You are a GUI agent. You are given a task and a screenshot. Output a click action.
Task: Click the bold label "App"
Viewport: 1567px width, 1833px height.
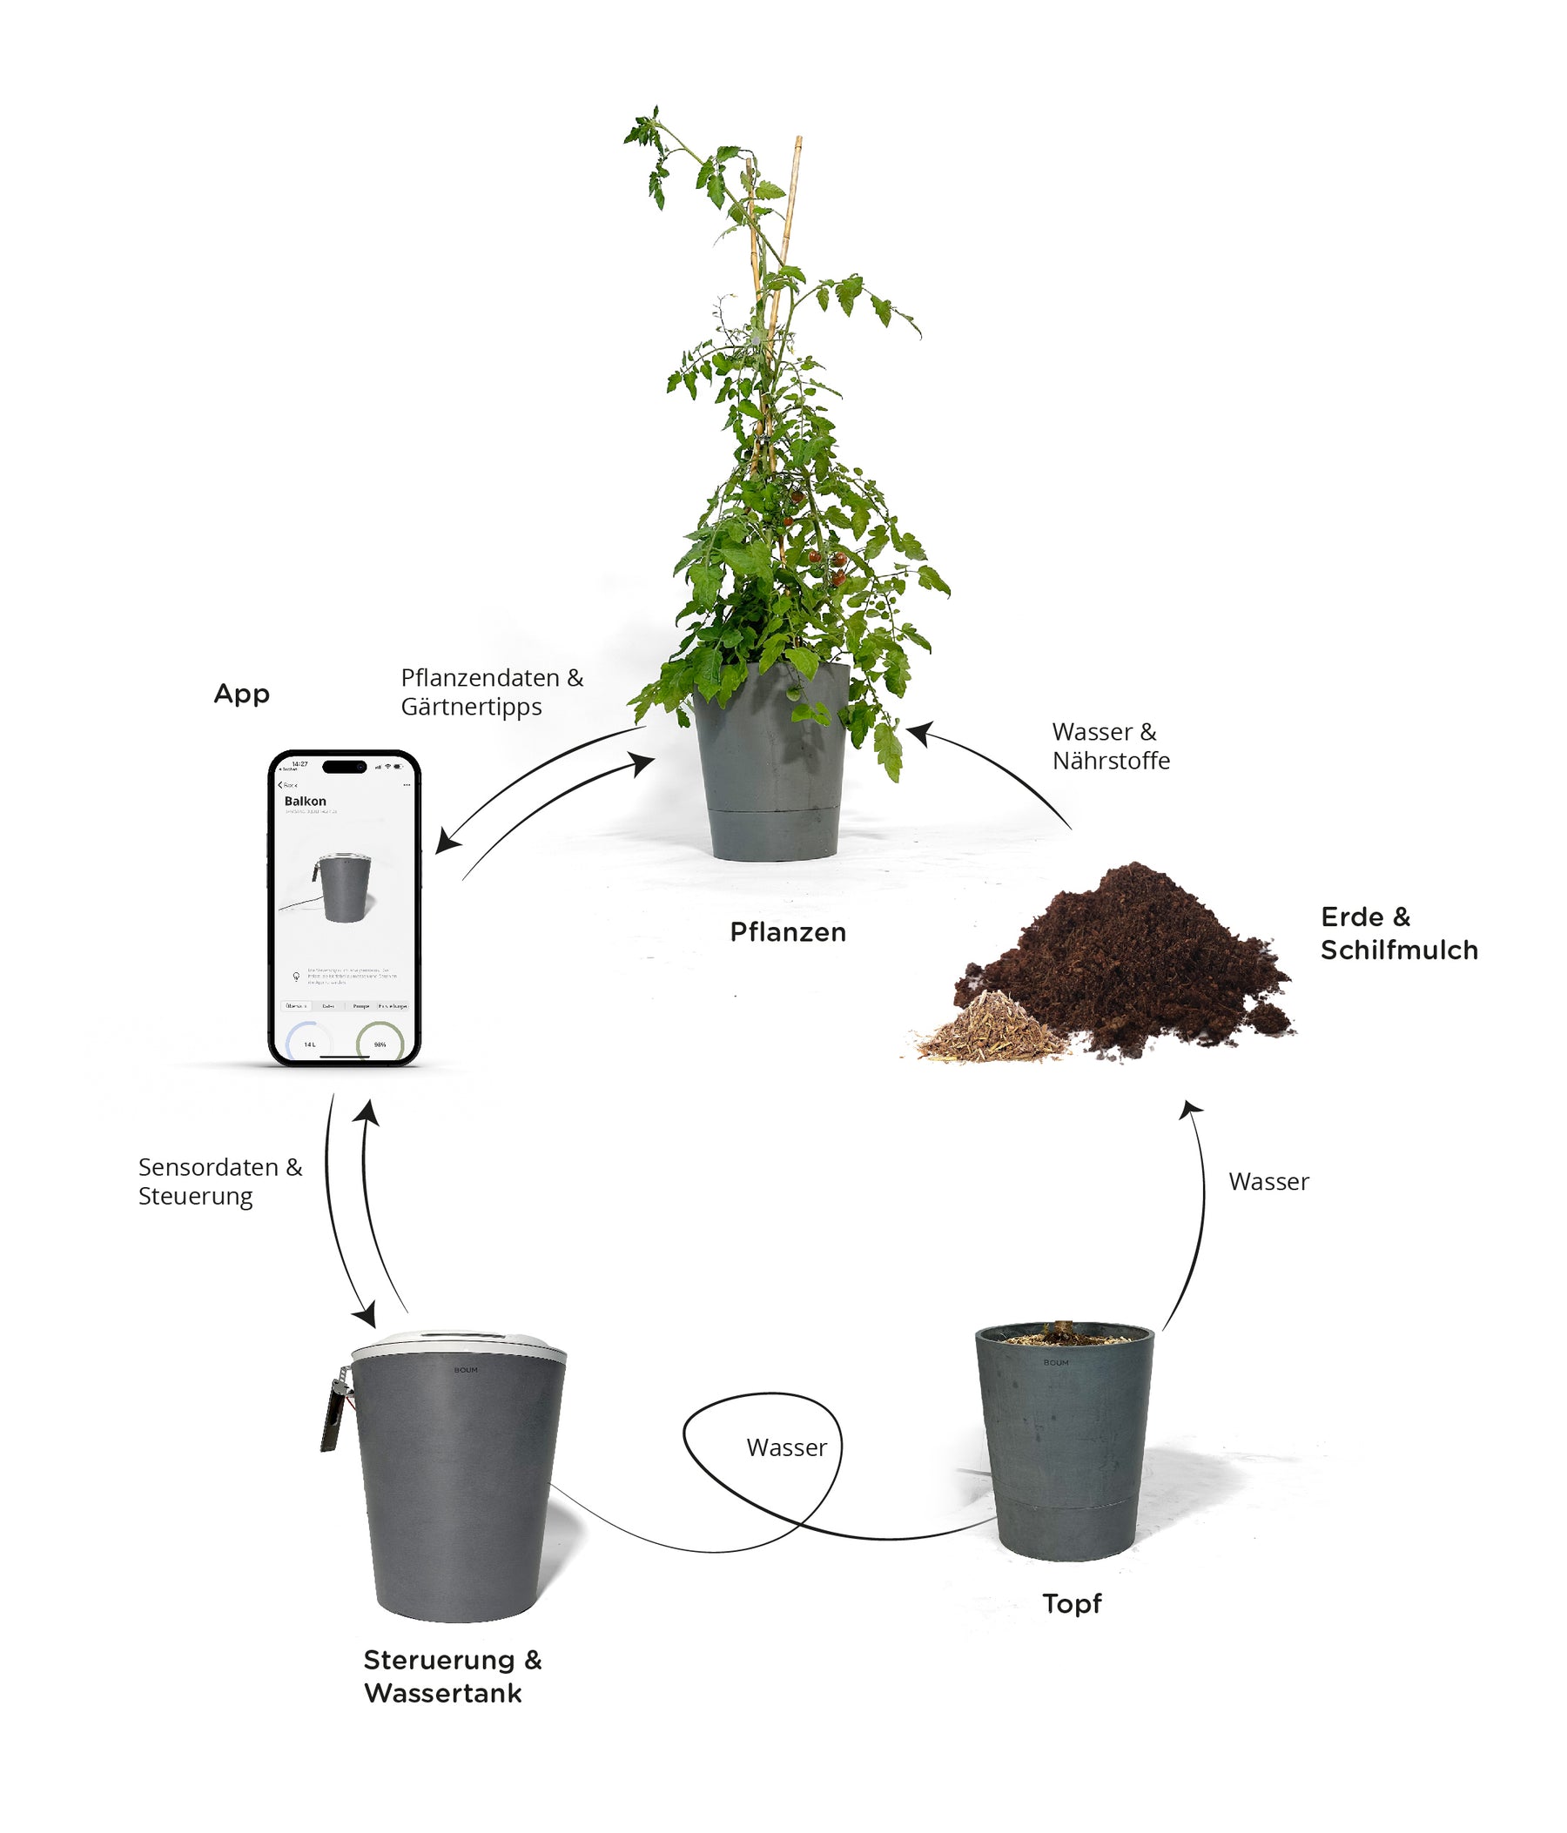point(241,694)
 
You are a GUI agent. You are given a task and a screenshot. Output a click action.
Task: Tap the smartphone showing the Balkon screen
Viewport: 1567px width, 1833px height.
point(344,908)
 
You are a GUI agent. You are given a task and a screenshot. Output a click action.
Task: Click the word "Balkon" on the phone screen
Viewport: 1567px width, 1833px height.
point(306,802)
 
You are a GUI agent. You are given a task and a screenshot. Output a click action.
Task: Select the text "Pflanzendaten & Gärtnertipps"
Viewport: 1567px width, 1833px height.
point(491,692)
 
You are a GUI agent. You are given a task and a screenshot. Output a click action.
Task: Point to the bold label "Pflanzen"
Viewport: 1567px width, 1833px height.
point(788,932)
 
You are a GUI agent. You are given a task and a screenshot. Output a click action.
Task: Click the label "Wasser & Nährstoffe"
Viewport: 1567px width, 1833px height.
point(1111,746)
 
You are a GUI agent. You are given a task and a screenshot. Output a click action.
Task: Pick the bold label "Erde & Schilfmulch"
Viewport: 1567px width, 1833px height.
point(1398,933)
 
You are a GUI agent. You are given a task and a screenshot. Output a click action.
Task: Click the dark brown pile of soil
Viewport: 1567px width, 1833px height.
point(1141,956)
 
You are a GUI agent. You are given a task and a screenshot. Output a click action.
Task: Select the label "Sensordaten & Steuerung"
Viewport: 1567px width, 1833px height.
point(219,1181)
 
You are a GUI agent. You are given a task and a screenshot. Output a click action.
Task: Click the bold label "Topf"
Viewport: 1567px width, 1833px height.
point(1072,1603)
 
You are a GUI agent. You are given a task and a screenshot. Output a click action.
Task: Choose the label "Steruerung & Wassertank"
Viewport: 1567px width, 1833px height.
point(451,1676)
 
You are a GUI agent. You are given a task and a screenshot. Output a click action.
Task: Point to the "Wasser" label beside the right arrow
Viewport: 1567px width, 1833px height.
point(1268,1182)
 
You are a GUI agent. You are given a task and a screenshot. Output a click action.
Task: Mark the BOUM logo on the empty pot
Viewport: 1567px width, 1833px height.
point(1056,1363)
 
